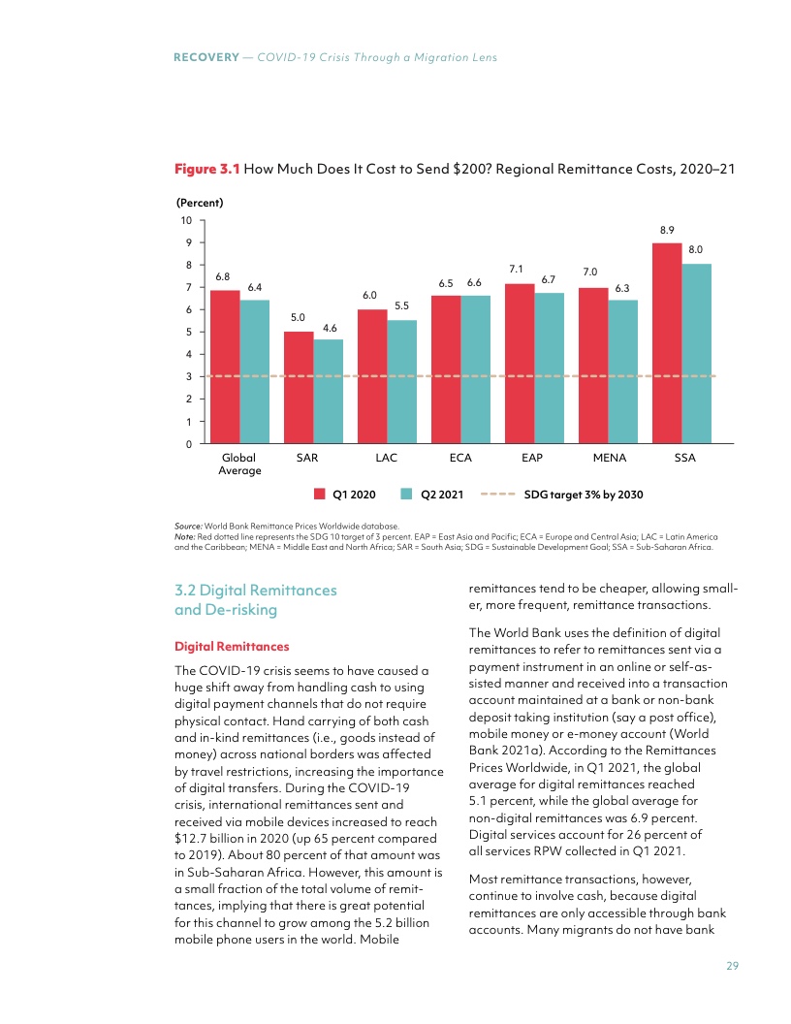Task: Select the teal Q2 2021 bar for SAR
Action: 328,391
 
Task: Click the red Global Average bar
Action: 225,367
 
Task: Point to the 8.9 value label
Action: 667,231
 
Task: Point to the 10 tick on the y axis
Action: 186,220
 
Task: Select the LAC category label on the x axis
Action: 386,457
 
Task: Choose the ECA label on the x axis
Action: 460,457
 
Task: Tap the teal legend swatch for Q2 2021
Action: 407,495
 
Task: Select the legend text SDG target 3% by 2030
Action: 584,495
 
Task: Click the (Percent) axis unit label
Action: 199,203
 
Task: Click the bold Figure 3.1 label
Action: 206,169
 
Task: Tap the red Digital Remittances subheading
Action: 232,646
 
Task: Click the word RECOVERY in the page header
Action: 206,58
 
